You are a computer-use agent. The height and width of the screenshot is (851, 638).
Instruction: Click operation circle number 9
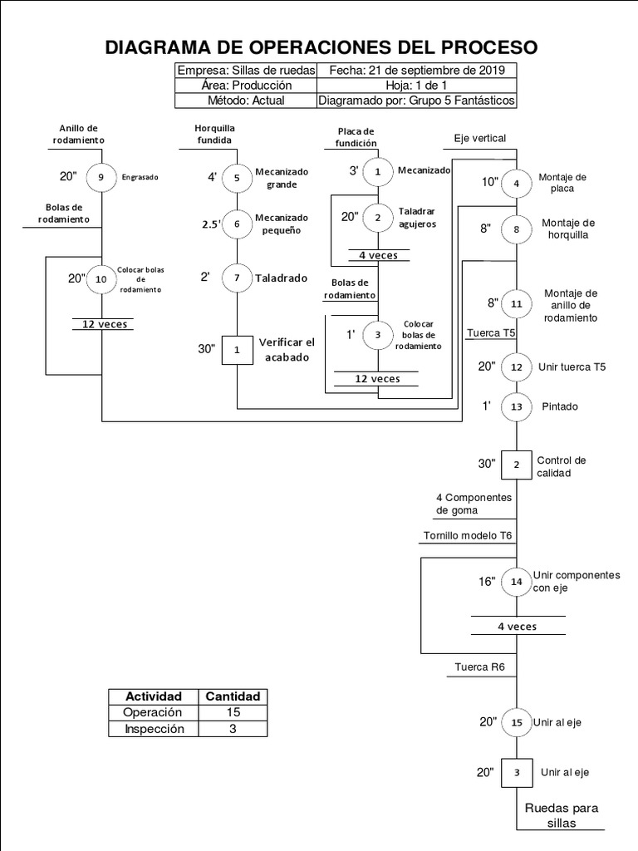[101, 176]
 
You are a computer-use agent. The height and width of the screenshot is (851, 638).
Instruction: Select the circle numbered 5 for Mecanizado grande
[237, 176]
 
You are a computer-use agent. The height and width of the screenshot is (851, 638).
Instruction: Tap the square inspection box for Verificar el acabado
[237, 350]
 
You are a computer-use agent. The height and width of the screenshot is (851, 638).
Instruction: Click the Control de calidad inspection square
[517, 465]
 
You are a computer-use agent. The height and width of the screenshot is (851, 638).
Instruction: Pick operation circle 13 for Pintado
[517, 406]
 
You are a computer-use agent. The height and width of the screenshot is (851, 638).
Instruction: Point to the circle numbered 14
[517, 582]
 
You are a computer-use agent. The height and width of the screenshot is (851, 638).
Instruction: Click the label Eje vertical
[479, 138]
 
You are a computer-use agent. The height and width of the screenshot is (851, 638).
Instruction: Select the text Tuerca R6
[480, 667]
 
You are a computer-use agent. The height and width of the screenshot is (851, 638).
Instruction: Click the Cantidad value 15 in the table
[233, 712]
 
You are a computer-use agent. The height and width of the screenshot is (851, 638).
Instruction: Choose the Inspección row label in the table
[152, 729]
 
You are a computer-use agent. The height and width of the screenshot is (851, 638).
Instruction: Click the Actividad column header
[152, 696]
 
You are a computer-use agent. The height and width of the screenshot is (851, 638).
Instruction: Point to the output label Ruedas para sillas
[561, 815]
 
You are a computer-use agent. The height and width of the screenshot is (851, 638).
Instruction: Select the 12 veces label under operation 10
[104, 324]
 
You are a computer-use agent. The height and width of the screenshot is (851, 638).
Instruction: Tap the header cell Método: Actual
[246, 101]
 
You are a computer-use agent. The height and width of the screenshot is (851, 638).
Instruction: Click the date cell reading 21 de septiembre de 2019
[416, 71]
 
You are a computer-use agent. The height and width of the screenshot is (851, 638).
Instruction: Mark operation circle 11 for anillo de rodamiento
[517, 304]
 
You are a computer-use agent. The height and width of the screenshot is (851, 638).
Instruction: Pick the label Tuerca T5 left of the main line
[491, 333]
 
